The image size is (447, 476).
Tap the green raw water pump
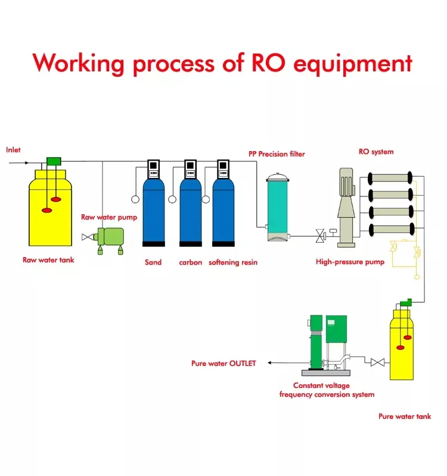point(111,236)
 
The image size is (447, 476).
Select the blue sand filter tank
point(153,211)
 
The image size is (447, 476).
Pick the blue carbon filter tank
point(191,211)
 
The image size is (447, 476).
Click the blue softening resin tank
point(223,211)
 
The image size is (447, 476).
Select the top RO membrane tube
point(390,178)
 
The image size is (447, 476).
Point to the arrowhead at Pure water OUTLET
point(269,363)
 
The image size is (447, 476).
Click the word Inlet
point(13,150)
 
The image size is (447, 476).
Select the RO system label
point(375,152)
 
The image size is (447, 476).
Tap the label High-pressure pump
point(350,262)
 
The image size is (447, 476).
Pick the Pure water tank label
point(405,416)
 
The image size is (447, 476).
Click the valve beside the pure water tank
point(376,362)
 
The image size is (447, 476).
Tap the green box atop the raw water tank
point(54,161)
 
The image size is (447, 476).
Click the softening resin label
point(233,262)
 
